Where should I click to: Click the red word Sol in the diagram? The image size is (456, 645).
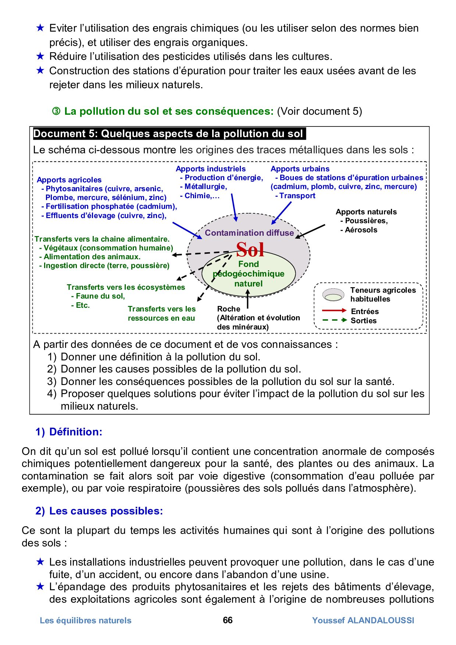pyautogui.click(x=250, y=250)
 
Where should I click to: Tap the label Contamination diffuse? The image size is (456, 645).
pyautogui.click(x=249, y=233)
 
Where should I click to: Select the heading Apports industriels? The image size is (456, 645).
pyautogui.click(x=210, y=169)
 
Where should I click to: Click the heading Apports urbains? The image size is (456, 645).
pyautogui.click(x=300, y=169)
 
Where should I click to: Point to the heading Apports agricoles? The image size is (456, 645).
pyautogui.click(x=69, y=180)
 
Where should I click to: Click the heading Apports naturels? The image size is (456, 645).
pyautogui.click(x=366, y=212)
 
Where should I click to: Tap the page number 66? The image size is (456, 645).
pyautogui.click(x=228, y=620)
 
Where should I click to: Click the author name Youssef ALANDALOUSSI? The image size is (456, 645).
pyautogui.click(x=363, y=620)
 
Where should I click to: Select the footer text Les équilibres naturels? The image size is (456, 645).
pyautogui.click(x=85, y=620)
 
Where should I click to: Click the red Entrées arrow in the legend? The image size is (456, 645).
pyautogui.click(x=334, y=311)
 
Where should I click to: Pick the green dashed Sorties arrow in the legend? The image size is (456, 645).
pyautogui.click(x=334, y=320)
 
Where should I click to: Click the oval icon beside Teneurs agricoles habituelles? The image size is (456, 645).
pyautogui.click(x=333, y=295)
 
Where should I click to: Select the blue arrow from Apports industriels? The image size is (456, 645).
pyautogui.click(x=234, y=208)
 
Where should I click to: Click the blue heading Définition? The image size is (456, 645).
pyautogui.click(x=75, y=432)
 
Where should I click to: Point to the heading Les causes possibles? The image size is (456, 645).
pyautogui.click(x=106, y=511)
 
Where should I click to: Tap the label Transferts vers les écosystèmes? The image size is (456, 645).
pyautogui.click(x=126, y=287)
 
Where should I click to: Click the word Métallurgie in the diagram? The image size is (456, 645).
pyautogui.click(x=205, y=186)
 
